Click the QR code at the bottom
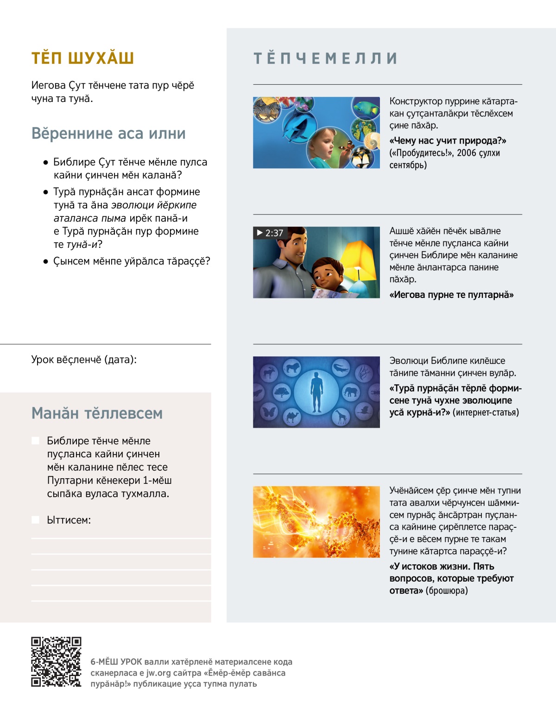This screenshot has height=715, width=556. [56, 662]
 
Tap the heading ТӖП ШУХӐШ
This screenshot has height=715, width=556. [82, 58]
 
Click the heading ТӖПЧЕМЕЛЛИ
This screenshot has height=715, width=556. [325, 58]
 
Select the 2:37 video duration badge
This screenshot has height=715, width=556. [270, 233]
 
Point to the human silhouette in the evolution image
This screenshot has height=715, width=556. [316, 392]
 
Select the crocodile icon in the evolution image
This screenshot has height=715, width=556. [341, 368]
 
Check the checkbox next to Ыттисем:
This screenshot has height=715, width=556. [35, 520]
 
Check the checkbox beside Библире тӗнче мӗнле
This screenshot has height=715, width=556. [35, 441]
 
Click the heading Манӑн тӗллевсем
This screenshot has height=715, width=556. [97, 413]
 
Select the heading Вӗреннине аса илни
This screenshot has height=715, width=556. [108, 133]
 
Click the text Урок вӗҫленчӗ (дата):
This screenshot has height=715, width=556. [84, 360]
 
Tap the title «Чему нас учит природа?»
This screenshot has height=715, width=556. [448, 141]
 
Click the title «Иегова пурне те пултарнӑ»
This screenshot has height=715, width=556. [451, 295]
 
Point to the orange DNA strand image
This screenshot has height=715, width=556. [316, 522]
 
